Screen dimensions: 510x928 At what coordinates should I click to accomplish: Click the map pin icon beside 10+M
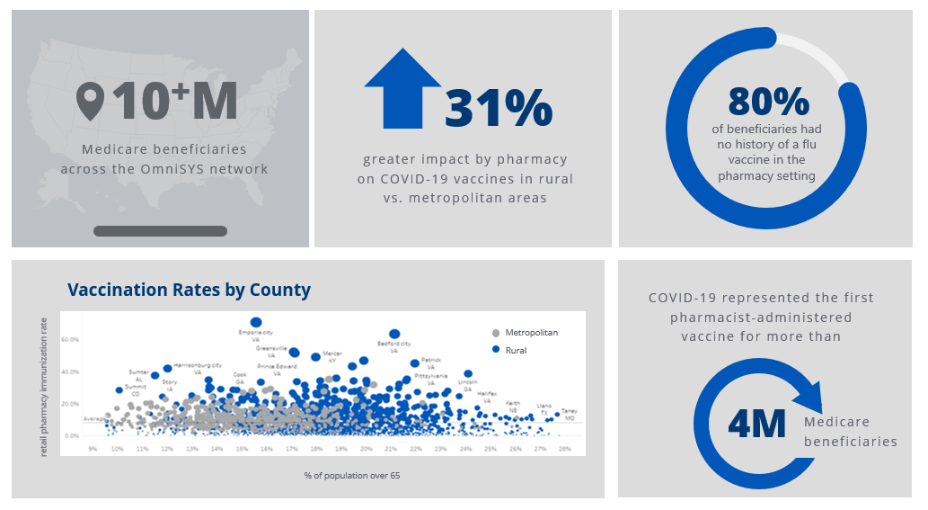(x=90, y=102)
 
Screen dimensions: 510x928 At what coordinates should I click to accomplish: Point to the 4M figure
(x=756, y=424)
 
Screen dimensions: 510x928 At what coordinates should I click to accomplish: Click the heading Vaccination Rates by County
(x=189, y=290)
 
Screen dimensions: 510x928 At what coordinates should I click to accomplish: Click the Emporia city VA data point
(x=256, y=322)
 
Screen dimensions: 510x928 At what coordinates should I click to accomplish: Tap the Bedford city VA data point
(x=394, y=334)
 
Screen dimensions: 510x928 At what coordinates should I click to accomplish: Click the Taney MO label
(x=570, y=415)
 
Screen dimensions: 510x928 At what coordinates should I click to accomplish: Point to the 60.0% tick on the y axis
(x=70, y=340)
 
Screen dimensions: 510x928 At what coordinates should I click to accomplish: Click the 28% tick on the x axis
(x=564, y=448)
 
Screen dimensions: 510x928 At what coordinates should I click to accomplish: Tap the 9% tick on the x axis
(x=93, y=448)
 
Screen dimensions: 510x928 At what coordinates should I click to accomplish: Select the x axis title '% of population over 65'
(x=340, y=475)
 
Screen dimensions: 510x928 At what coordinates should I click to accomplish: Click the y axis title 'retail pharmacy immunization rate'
(x=44, y=385)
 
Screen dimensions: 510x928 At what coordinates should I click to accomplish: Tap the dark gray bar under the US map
(x=160, y=231)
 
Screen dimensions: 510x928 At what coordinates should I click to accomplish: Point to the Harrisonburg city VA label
(x=198, y=365)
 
